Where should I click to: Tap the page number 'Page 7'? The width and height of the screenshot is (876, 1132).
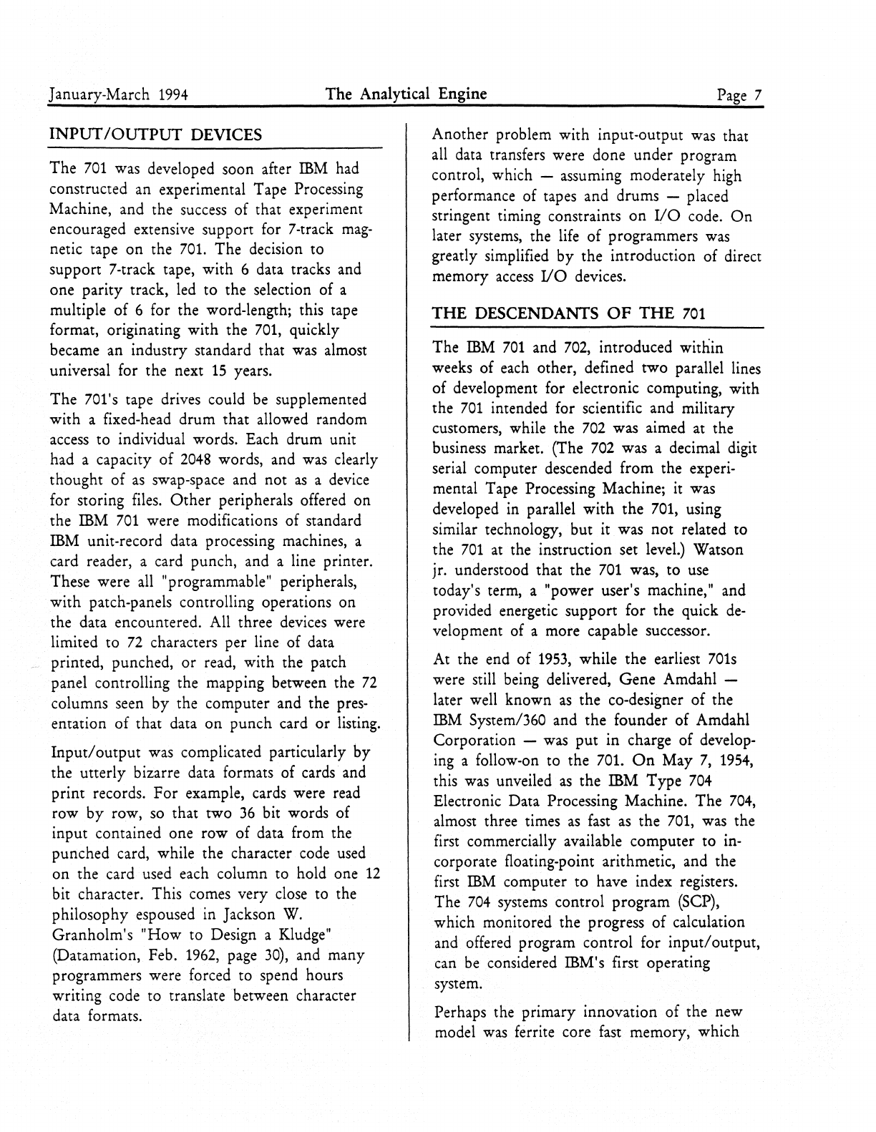coord(739,96)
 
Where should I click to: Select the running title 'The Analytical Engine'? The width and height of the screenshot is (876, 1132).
coord(406,94)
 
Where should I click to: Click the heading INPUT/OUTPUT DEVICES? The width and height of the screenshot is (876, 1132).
coord(155,135)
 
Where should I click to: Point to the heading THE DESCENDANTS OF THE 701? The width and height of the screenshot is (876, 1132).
coord(569,313)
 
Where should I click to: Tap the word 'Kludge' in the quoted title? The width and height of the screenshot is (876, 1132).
coord(318,935)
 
